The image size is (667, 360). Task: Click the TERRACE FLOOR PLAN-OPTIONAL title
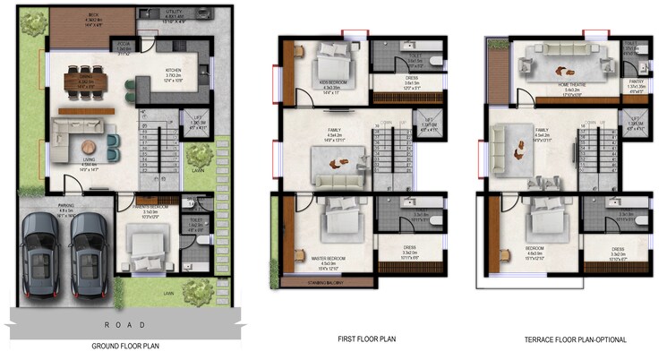[576, 340]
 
